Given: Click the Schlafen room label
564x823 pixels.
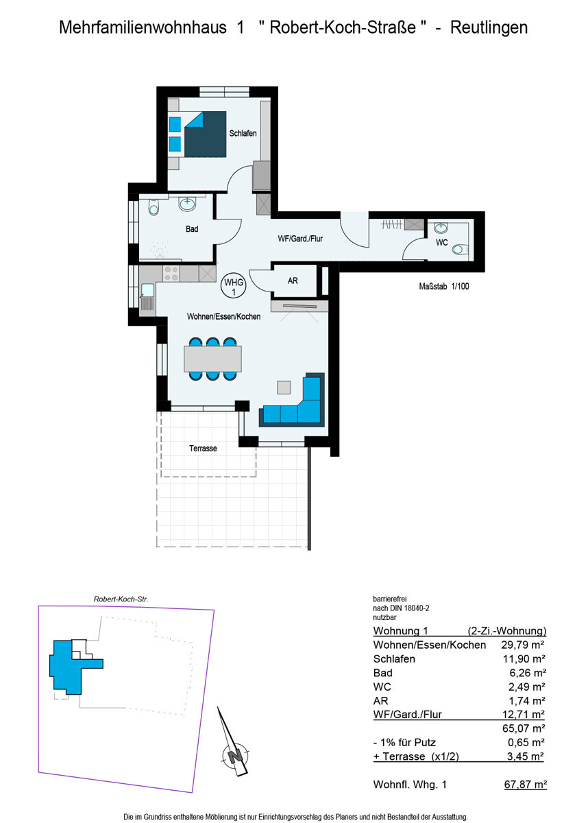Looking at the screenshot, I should tap(243, 133).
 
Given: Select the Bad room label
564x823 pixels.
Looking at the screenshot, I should tap(192, 229).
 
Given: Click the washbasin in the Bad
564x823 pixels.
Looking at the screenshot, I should tap(187, 203).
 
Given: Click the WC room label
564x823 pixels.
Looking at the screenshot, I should tap(442, 242).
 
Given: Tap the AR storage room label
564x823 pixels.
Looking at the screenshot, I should tap(293, 281).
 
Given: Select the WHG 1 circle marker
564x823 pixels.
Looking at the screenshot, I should tap(234, 286).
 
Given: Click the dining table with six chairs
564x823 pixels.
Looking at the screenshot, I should tap(212, 358).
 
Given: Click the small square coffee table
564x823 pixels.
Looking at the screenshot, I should tap(284, 387).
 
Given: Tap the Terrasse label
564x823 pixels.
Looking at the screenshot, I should tap(203, 449).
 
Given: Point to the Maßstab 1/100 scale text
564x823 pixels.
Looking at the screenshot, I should tap(443, 287).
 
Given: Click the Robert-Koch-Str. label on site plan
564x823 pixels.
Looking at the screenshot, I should tap(121, 599).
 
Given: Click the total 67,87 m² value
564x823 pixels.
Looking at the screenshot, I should tap(524, 785).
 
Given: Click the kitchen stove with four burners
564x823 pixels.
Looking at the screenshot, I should tap(171, 274).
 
